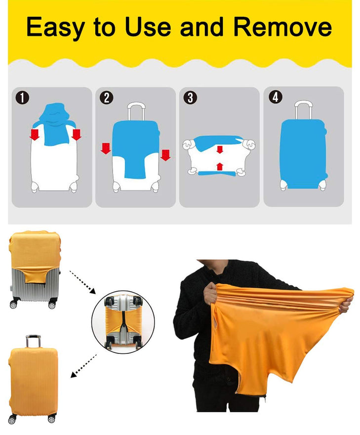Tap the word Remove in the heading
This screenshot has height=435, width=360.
282,27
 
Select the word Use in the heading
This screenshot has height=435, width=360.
148,27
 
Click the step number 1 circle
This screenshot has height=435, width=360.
22,98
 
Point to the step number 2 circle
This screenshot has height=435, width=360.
107,98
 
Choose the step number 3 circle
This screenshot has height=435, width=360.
191,98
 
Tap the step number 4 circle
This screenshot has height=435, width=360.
276,97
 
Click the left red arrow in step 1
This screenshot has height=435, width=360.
35,135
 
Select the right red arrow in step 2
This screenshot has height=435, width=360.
165,155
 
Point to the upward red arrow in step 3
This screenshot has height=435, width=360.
220,167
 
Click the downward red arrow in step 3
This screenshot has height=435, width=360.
220,150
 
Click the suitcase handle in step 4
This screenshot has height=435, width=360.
304,110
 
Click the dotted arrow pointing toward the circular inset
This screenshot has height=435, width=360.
82,282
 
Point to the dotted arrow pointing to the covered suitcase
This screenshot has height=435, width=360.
83,366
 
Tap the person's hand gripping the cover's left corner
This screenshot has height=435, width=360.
210,293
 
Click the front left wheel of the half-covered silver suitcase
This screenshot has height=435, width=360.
13,304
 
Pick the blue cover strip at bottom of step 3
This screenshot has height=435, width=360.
217,174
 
